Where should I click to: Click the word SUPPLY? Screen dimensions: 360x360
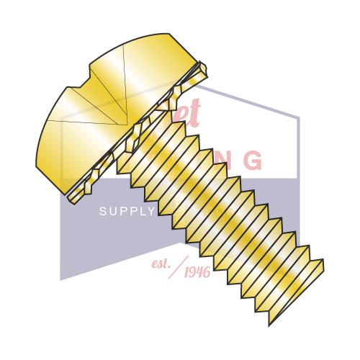126,212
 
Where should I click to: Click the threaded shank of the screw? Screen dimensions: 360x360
238,216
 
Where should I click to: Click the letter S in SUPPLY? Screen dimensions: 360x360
102,212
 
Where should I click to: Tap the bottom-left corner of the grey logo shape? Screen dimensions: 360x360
61,279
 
